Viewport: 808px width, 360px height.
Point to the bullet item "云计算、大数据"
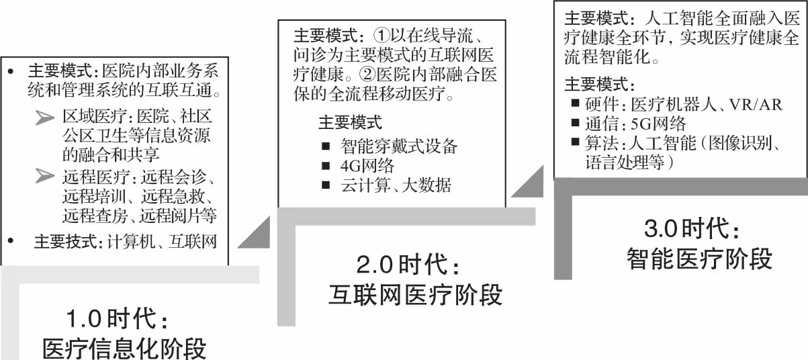coord(396,185)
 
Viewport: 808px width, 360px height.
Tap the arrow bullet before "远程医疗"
coord(46,178)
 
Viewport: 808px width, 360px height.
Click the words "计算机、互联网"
coord(162,242)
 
